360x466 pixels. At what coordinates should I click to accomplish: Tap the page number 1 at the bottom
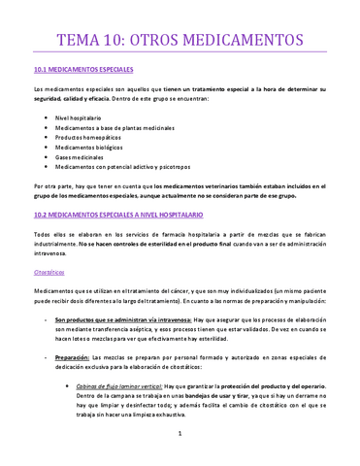point(180,448)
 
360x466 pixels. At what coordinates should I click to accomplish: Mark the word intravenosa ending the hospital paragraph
point(50,255)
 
